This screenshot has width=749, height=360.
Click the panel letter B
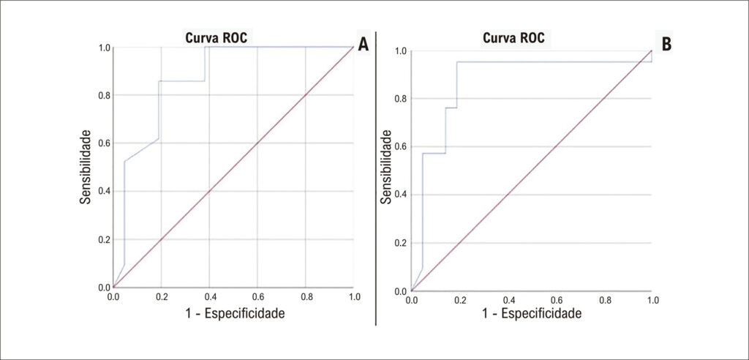pyautogui.click(x=666, y=43)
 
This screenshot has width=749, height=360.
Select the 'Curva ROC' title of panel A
pyautogui.click(x=217, y=38)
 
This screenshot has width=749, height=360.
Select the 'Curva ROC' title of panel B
pyautogui.click(x=513, y=38)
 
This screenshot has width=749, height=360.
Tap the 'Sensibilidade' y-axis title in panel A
pyautogui.click(x=86, y=166)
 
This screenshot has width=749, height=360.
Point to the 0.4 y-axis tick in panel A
pyautogui.click(x=104, y=191)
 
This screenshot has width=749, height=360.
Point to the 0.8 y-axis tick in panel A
pyautogui.click(x=104, y=95)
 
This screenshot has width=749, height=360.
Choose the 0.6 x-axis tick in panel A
pyautogui.click(x=257, y=297)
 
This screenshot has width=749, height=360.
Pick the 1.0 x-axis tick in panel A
pyautogui.click(x=354, y=297)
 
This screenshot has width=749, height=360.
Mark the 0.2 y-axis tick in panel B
pyautogui.click(x=402, y=243)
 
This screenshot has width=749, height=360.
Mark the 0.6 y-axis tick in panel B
pyautogui.click(x=402, y=147)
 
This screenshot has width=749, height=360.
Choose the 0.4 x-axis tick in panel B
pyautogui.click(x=509, y=301)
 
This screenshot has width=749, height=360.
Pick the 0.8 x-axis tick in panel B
pyautogui.click(x=605, y=301)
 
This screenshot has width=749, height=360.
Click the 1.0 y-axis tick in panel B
pyautogui.click(x=402, y=50)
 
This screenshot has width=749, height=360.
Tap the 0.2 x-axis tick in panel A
pyautogui.click(x=161, y=297)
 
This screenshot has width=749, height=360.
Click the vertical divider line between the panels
pyautogui.click(x=376, y=179)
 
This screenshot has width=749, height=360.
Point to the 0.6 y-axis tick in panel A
pyautogui.click(x=104, y=143)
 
